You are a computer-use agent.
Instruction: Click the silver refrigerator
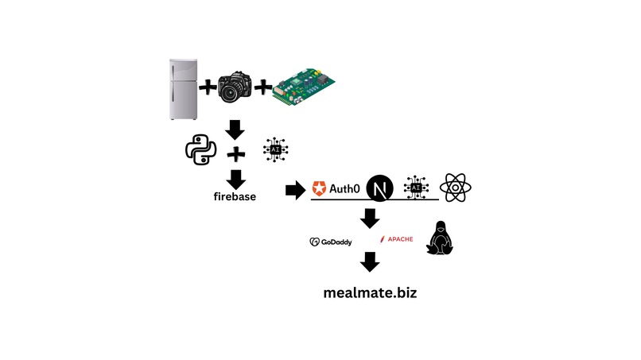click(184, 89)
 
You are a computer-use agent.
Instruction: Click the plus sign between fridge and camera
click(207, 88)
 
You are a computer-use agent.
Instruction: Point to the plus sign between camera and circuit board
click(264, 88)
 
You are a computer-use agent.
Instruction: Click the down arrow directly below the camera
click(235, 129)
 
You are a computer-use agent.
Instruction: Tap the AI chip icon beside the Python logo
click(275, 150)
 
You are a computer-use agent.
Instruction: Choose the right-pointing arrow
click(295, 189)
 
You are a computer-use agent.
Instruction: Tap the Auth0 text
click(348, 188)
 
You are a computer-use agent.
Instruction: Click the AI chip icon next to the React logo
click(416, 188)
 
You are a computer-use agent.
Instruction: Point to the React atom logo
click(456, 188)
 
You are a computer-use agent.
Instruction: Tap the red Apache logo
click(396, 238)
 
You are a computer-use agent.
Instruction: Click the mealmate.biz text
click(370, 292)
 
